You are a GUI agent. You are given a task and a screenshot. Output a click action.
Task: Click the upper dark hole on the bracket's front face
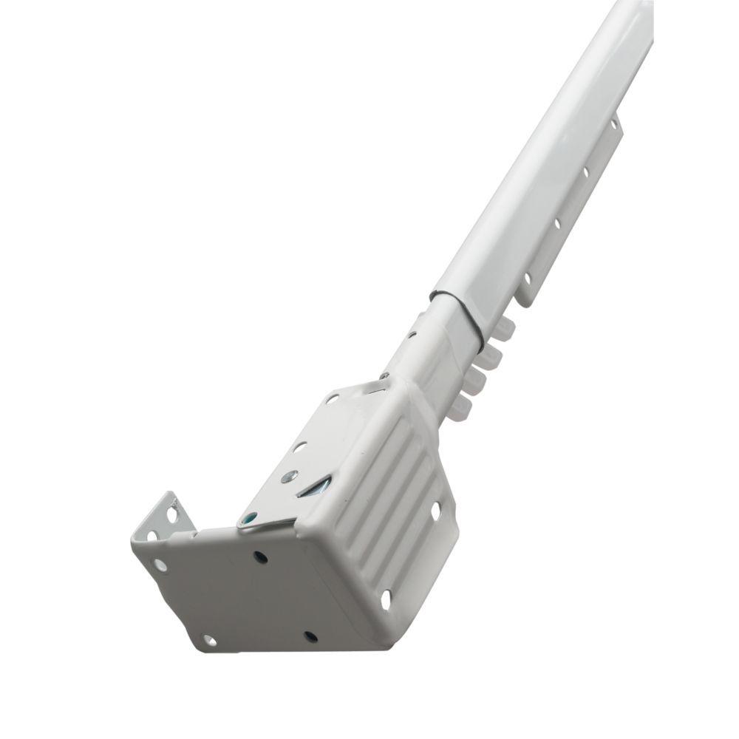click(260, 556)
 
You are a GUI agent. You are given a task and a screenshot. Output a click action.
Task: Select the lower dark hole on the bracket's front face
click(310, 636)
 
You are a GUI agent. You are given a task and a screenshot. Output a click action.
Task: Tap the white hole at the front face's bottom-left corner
click(208, 640)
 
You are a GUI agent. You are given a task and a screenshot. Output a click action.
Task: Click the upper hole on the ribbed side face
click(435, 510)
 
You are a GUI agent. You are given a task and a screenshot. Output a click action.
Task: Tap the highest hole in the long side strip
click(611, 126)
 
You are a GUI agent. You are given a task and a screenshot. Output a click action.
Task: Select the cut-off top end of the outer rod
click(636, 7)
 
